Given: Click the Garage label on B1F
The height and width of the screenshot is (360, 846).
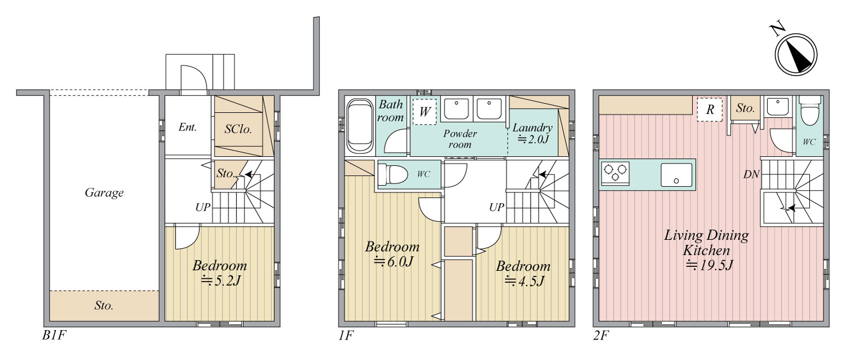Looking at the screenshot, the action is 104,193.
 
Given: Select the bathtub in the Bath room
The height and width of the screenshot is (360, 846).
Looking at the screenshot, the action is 360,126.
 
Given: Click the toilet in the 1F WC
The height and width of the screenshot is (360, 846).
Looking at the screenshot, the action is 393,174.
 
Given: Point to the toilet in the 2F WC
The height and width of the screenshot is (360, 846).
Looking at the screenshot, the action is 810,110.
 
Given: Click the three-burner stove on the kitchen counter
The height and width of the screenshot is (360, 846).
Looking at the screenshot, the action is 615,173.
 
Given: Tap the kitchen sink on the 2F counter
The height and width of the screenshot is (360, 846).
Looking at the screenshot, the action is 676,175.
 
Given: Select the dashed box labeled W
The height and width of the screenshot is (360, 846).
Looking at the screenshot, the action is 425,111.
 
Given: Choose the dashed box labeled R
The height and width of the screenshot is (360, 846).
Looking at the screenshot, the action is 710,109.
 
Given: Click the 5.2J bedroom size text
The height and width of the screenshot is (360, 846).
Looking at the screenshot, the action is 221,280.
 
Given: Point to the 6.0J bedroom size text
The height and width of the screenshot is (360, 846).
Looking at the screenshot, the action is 393,261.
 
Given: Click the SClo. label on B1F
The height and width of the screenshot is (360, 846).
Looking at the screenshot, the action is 238,129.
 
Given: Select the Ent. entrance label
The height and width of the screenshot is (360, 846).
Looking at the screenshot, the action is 188,127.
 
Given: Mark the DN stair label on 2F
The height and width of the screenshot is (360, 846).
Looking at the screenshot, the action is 751,174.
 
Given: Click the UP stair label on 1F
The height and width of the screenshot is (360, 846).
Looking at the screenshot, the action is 497,207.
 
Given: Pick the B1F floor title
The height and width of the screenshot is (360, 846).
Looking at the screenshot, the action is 54,335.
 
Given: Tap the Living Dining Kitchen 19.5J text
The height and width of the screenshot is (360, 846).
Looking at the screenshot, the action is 707,250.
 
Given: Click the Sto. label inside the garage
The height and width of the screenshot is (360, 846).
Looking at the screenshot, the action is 104,305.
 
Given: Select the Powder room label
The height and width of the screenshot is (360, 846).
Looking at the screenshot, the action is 460,139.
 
